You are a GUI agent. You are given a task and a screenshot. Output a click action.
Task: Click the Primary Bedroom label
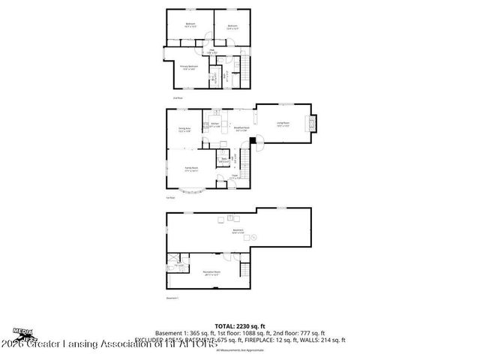click(x=189, y=67)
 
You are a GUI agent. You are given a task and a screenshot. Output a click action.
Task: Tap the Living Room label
click(x=283, y=124)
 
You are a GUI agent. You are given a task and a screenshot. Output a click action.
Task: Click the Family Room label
click(x=191, y=169)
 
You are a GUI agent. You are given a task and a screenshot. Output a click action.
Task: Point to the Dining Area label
click(x=184, y=130)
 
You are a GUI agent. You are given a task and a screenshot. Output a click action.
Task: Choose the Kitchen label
click(x=214, y=124)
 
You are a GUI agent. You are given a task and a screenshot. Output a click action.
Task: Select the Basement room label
click(x=238, y=232)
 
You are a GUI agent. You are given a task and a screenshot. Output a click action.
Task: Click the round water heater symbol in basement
click(x=254, y=237)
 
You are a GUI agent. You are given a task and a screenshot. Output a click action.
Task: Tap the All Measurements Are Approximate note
click(x=239, y=350)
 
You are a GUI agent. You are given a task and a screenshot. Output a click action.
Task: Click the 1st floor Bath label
click(x=222, y=159)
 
